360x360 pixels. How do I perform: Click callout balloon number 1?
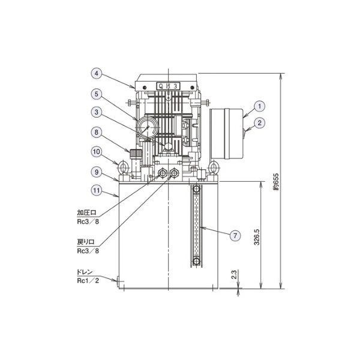point(260,106)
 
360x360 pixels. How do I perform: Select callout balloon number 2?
point(260,123)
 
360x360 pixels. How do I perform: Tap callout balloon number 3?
point(97,112)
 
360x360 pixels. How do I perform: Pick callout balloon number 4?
point(97,73)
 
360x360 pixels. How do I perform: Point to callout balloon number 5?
point(97,94)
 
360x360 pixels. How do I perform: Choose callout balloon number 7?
point(235,236)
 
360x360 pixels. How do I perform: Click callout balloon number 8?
point(97,132)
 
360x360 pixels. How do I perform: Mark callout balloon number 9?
point(97,172)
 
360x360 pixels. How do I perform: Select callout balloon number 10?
point(97,152)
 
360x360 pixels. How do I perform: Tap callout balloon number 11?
point(97,191)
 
